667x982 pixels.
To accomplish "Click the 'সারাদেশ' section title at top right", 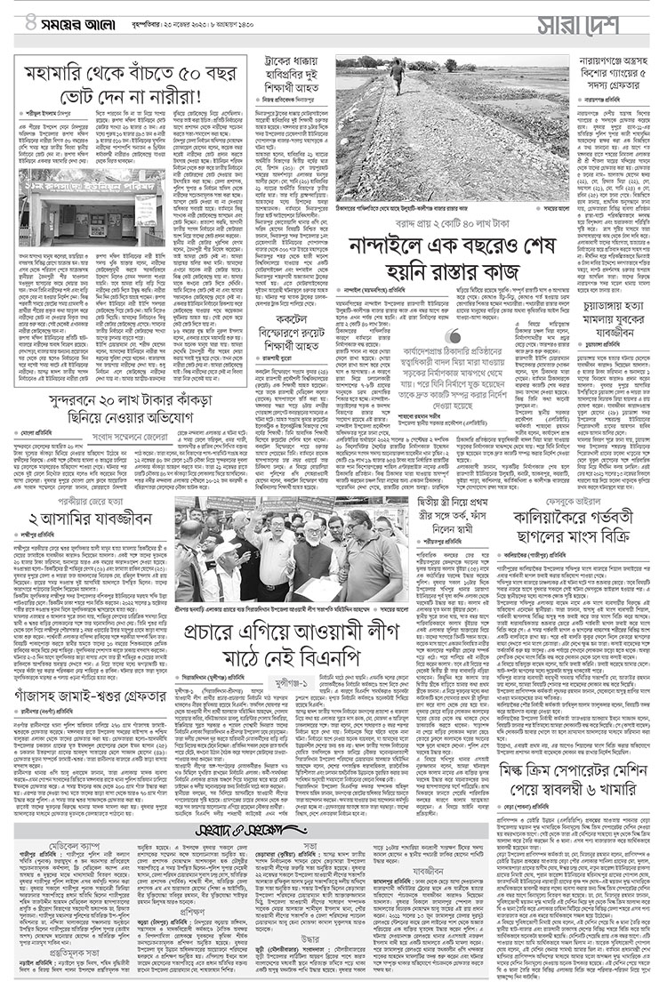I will pos(578,28).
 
